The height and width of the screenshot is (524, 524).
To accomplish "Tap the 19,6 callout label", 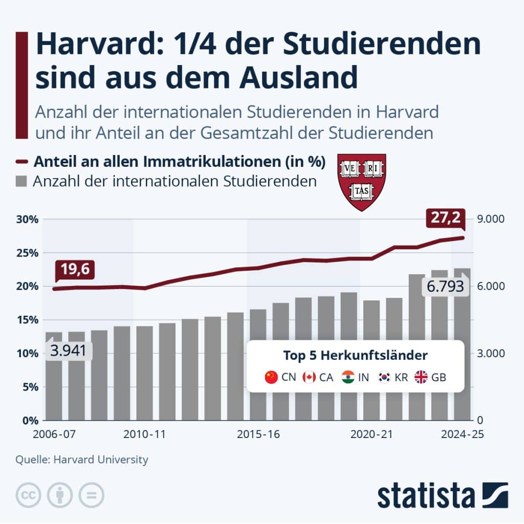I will [75, 270].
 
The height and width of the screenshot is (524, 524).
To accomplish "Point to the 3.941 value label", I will [69, 351].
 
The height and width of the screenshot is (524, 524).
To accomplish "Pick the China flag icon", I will [271, 378].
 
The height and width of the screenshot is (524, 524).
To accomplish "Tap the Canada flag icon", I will [309, 378].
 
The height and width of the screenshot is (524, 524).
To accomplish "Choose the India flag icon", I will [348, 378].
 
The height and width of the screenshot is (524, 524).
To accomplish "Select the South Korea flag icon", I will [384, 378].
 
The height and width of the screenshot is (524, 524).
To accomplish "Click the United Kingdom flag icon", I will [421, 378].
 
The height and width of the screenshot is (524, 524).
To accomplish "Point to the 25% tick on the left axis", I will [25, 253].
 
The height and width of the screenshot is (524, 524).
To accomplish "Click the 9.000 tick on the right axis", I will [491, 219].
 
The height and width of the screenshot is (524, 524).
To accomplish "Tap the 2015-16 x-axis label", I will [258, 434].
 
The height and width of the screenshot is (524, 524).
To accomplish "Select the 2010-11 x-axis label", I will [145, 434].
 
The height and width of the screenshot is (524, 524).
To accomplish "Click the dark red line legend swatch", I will [21, 162].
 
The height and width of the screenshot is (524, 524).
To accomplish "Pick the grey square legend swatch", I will [21, 182].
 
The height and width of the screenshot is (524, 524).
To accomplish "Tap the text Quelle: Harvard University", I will [82, 460].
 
